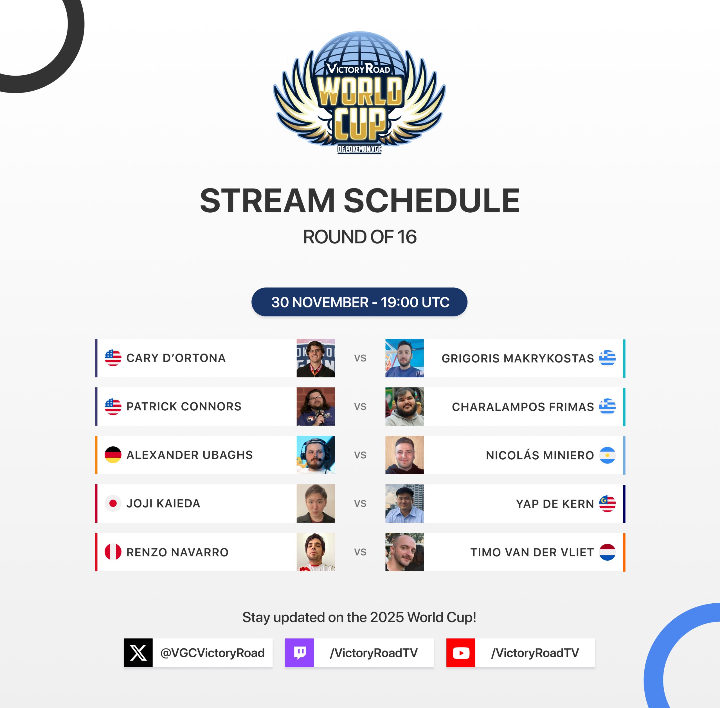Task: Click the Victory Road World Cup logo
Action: point(359,93)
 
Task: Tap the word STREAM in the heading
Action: point(267,201)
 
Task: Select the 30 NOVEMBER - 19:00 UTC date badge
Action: point(359,302)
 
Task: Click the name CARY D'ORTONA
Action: point(176,358)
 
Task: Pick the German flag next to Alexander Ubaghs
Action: point(113,455)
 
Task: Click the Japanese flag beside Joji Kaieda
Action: point(113,504)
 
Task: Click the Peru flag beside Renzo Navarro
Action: point(113,552)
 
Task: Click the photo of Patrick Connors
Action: point(316,406)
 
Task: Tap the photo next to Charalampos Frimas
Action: point(404,406)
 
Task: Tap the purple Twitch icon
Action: point(300,653)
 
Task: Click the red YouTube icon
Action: point(461,653)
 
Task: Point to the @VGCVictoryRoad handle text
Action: point(212,653)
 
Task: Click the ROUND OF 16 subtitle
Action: point(360,237)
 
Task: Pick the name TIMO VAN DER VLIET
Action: point(532,552)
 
